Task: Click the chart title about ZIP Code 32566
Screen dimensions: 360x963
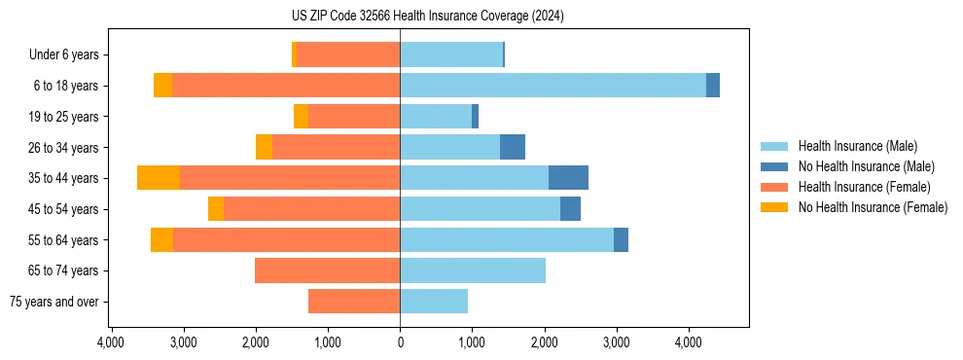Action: pyautogui.click(x=427, y=17)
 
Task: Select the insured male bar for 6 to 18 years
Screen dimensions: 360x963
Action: pyautogui.click(x=553, y=86)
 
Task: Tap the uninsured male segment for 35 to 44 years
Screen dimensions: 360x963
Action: pyautogui.click(x=568, y=178)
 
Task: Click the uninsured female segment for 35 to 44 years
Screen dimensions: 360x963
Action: pyautogui.click(x=159, y=178)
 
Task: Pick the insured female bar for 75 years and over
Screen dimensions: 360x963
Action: pyautogui.click(x=354, y=302)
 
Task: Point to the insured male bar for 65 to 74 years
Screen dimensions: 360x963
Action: pyautogui.click(x=473, y=270)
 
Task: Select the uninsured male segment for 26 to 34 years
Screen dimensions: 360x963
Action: pyautogui.click(x=513, y=147)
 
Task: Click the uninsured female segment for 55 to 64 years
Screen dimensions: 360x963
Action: pyautogui.click(x=161, y=239)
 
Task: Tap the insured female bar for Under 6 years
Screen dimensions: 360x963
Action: pyautogui.click(x=348, y=54)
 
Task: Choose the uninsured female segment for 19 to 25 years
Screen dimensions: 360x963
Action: pyautogui.click(x=301, y=117)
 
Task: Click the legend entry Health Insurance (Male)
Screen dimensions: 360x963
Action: pyautogui.click(x=857, y=146)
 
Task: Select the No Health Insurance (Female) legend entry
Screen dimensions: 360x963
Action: pyautogui.click(x=873, y=207)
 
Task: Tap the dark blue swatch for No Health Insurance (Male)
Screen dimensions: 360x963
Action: pyautogui.click(x=774, y=166)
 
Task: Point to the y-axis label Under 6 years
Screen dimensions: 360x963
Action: pyautogui.click(x=64, y=55)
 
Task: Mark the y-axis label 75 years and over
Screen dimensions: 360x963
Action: pyautogui.click(x=54, y=302)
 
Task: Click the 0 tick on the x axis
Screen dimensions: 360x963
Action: pyautogui.click(x=400, y=342)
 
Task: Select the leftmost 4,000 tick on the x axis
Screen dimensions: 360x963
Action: pyautogui.click(x=111, y=342)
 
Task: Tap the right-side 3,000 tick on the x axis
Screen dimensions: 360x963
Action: pyautogui.click(x=616, y=342)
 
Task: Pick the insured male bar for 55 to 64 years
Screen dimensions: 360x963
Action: pyautogui.click(x=506, y=239)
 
